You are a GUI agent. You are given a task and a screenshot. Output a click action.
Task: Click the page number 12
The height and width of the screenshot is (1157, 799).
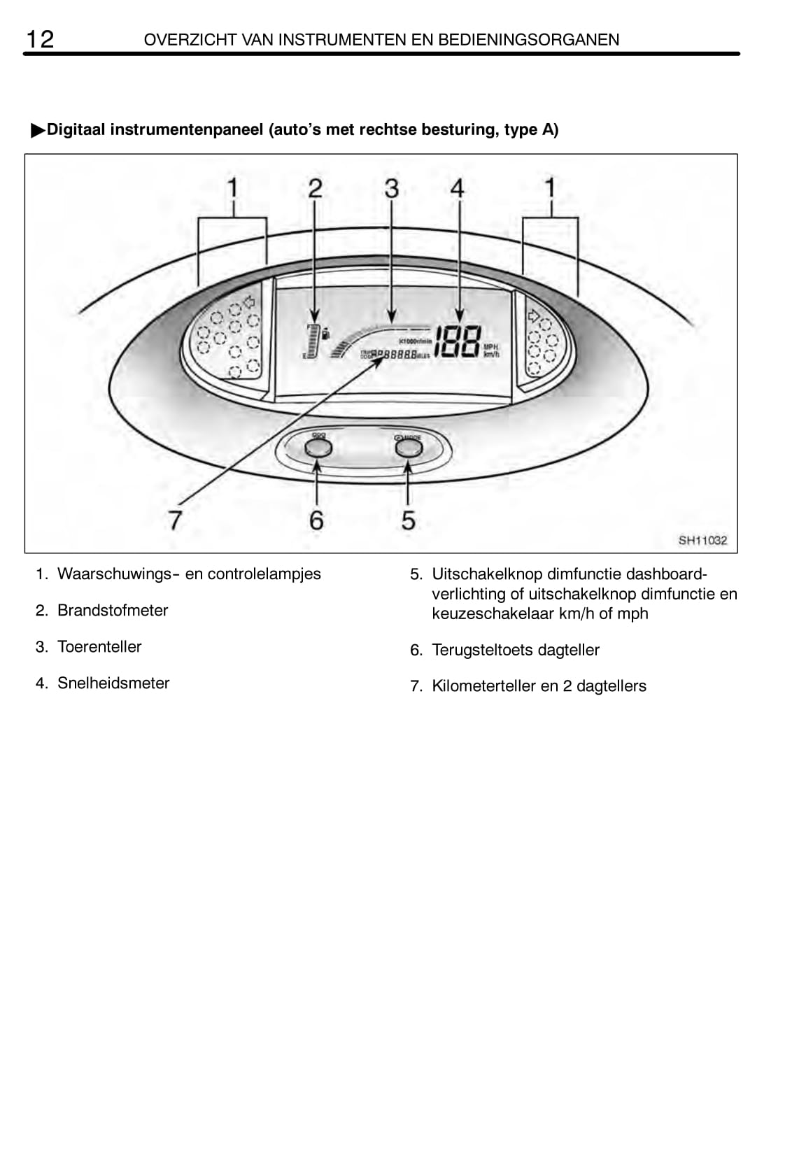coord(40,39)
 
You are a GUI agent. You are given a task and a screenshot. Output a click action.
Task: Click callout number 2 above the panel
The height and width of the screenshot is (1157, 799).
coord(315,188)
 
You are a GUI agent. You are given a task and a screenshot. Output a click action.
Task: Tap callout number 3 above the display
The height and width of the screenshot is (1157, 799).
coord(392,188)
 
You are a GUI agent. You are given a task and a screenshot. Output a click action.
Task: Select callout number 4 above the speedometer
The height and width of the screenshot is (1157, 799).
coord(457,188)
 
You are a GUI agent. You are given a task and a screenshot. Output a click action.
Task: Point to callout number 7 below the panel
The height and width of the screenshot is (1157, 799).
coord(175,520)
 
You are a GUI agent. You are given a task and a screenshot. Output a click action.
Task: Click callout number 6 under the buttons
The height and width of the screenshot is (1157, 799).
coord(316,520)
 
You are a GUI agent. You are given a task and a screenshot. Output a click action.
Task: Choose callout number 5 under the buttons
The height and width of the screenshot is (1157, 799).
coord(409,520)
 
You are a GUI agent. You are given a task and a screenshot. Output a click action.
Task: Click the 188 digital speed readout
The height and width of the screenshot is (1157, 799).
coord(458,343)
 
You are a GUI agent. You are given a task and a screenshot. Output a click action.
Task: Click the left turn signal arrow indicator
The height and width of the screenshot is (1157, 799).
coord(247,303)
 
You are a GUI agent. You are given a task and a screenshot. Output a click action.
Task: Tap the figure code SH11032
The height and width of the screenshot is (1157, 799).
coord(702,540)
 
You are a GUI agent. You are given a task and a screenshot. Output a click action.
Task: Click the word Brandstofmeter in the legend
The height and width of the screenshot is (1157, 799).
coord(113,611)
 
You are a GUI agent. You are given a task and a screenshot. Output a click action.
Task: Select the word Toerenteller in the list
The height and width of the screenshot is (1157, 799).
coord(99,647)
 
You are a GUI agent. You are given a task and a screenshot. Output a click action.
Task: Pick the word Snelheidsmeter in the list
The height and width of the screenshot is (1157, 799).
coord(113,683)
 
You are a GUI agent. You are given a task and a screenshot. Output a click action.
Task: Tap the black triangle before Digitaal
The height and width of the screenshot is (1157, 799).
coord(38,131)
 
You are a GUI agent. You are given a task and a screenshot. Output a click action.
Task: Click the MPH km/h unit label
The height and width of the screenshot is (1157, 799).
coord(492,350)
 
